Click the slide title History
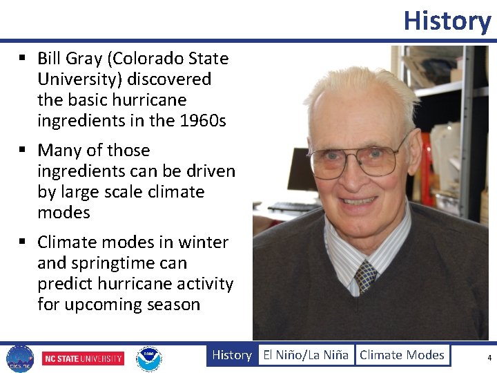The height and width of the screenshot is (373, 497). click(x=447, y=21)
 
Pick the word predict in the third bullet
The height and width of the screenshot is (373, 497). click(x=66, y=284)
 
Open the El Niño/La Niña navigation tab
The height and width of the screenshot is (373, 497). click(x=306, y=355)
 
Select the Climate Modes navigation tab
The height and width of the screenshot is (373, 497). click(x=402, y=355)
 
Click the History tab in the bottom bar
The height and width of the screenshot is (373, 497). click(x=231, y=355)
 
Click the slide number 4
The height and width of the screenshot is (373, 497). click(x=489, y=358)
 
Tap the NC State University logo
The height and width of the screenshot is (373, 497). click(x=83, y=358)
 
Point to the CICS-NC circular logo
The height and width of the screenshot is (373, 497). click(x=19, y=358)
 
